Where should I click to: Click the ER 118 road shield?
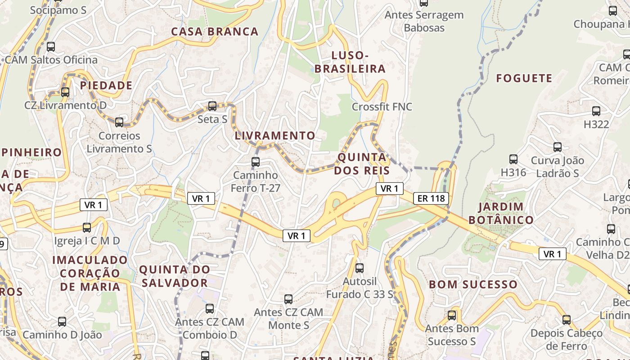(x=431, y=198)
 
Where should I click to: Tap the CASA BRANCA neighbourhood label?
(x=215, y=32)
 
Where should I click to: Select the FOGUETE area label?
(x=524, y=78)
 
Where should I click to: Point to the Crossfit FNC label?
(x=382, y=107)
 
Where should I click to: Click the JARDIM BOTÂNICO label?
(x=501, y=213)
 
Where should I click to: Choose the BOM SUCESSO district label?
(x=473, y=284)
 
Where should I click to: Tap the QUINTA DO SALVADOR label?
(x=175, y=276)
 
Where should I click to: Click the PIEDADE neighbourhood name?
(x=106, y=85)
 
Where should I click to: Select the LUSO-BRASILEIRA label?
(x=350, y=62)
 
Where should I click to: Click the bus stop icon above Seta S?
(x=212, y=106)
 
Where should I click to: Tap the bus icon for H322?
(x=596, y=111)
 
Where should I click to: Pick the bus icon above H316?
(x=513, y=159)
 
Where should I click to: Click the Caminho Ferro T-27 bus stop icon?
(x=256, y=162)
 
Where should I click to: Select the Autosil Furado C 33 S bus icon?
(x=359, y=268)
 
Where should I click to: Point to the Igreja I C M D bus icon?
(x=87, y=228)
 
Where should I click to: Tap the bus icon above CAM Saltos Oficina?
(x=51, y=46)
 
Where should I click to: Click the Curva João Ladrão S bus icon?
(x=558, y=147)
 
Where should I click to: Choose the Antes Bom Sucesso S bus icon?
(x=452, y=315)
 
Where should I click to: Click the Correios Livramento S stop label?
(x=119, y=142)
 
